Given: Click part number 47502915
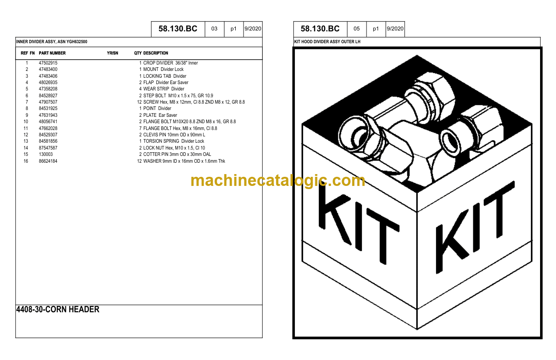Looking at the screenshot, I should (48, 63).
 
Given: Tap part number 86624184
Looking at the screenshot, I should (48, 161).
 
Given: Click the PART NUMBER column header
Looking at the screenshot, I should (52, 53).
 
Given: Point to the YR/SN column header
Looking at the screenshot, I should (112, 53).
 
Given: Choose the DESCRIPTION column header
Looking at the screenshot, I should (155, 53).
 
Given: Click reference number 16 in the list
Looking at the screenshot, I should (26, 161).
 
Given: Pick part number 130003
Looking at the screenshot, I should (46, 155).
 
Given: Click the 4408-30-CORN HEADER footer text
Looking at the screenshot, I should (58, 310).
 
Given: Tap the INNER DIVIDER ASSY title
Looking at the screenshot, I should (52, 42).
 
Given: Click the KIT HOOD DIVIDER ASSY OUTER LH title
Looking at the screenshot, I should (328, 42).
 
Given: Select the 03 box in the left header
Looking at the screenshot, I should (214, 29).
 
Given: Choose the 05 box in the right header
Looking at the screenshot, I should (357, 29).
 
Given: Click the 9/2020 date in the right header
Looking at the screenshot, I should (395, 29).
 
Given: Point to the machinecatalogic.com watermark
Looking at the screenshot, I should (278, 180).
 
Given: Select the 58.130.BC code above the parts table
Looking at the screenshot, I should (178, 29).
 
